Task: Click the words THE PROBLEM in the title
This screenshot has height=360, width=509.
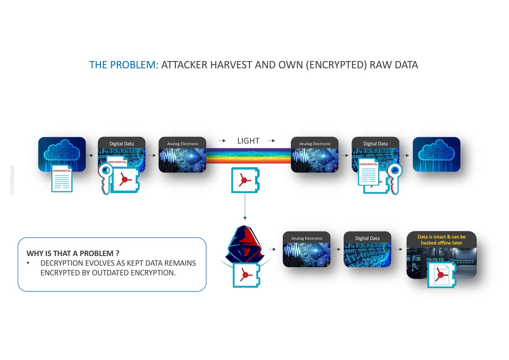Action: [124, 65]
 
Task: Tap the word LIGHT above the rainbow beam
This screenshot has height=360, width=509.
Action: [248, 141]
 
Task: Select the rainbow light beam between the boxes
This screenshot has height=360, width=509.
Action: [248, 156]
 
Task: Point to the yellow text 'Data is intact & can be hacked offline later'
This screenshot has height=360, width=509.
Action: [441, 240]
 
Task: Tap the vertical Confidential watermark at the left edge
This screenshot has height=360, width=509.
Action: [12, 180]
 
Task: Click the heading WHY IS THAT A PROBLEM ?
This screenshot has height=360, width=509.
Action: [73, 253]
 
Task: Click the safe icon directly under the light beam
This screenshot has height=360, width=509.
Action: [245, 180]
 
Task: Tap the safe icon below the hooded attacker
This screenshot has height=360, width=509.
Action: [246, 275]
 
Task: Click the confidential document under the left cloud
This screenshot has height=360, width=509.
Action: [62, 179]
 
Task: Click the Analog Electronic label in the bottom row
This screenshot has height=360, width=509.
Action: [307, 238]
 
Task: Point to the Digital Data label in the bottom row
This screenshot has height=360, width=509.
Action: [367, 238]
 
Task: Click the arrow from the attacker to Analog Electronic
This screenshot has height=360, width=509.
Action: [272, 249]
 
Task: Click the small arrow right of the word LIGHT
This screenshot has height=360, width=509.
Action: [271, 141]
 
